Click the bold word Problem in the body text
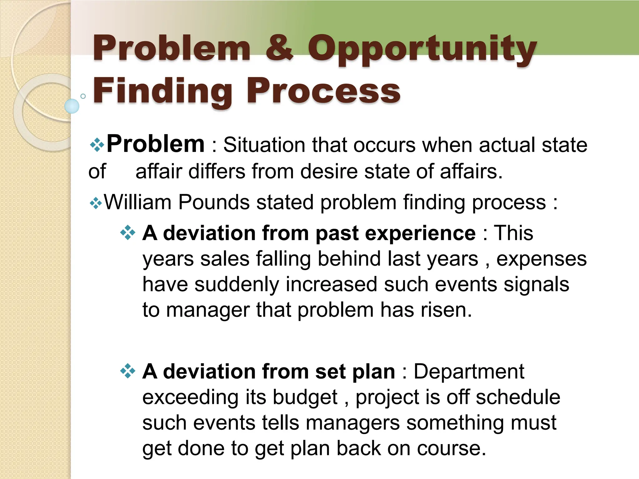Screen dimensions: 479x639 155,144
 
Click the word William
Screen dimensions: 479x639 137,202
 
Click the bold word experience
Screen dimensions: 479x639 420,233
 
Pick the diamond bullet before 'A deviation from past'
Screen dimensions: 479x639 128,233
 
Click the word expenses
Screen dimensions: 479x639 541,259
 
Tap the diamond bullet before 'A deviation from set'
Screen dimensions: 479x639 128,371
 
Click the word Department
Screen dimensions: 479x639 469,372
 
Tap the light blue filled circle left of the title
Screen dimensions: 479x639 72,106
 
